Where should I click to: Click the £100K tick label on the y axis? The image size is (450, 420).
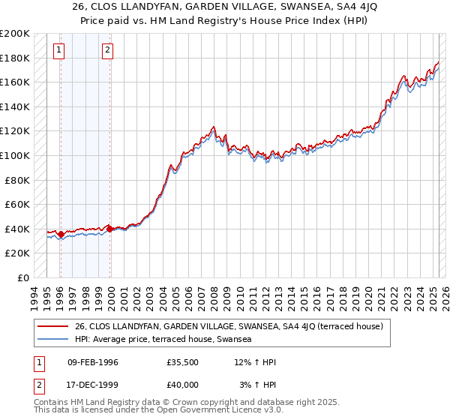pos(15,155)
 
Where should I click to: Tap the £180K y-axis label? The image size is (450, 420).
pos(15,58)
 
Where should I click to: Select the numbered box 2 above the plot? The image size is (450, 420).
pos(108,50)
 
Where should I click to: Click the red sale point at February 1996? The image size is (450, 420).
pos(61,235)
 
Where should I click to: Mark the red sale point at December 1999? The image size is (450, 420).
pos(110,229)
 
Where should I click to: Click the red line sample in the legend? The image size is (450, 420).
pos(54,326)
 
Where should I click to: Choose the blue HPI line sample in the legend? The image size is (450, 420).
pos(54,339)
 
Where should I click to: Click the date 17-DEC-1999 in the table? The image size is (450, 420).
pos(93,384)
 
